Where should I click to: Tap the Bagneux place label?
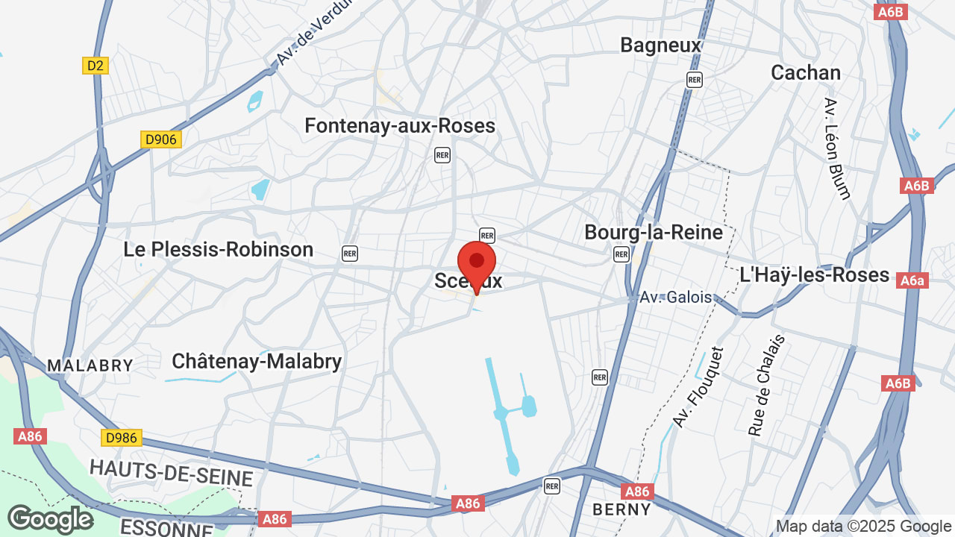(661, 45)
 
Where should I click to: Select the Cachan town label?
(805, 73)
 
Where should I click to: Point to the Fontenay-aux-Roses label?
(400, 126)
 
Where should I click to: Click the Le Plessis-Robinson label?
(219, 250)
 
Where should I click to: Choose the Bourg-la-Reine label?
(654, 232)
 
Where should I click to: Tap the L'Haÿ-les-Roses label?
(815, 275)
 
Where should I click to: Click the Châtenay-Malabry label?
(257, 362)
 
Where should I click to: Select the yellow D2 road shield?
(95, 66)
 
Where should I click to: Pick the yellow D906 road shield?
(161, 139)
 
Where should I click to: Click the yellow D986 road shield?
(121, 438)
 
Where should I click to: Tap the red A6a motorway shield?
(912, 280)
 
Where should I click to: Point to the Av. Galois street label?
(676, 297)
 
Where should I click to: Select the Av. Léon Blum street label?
(838, 148)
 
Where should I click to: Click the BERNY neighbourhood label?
(621, 509)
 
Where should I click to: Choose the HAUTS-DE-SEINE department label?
(172, 472)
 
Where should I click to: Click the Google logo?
(50, 519)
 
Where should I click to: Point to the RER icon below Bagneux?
(695, 80)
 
